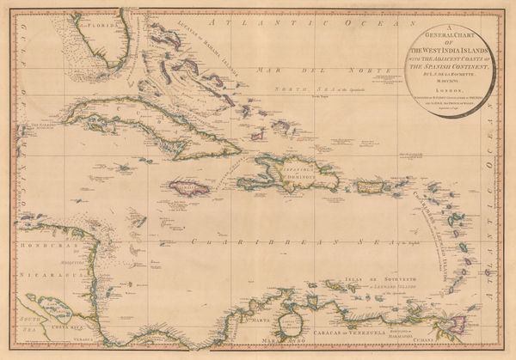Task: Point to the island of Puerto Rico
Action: click(x=382, y=184)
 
